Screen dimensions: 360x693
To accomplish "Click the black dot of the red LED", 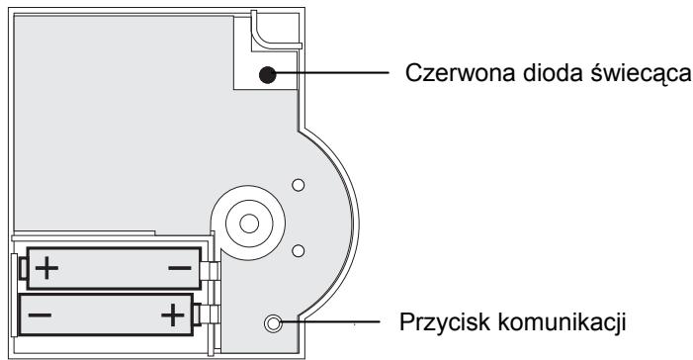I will pos(267,74).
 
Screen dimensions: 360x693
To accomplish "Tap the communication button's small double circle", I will pos(274,322).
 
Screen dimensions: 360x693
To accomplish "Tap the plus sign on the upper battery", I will pos(46,267).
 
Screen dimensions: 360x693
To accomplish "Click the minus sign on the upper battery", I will pos(180,267).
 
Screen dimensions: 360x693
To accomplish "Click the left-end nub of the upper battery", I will pos(23,267).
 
